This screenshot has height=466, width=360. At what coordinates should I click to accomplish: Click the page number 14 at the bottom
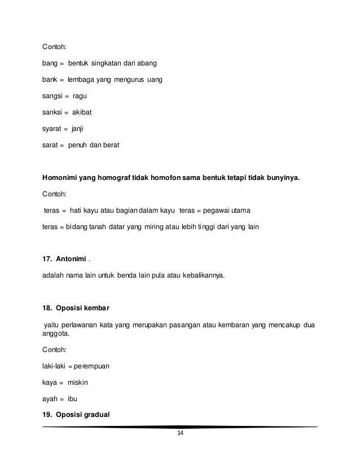[x=180, y=433]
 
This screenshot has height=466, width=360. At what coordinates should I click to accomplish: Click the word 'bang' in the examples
[x=51, y=63]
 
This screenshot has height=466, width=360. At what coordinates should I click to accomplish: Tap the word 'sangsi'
[x=53, y=96]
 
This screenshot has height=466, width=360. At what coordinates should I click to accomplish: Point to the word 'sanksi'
[x=53, y=112]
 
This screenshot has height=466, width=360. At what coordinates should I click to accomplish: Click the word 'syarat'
[x=52, y=129]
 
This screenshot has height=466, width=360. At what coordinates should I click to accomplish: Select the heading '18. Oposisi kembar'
[x=76, y=309]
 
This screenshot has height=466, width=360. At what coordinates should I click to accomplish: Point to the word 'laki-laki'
[x=55, y=366]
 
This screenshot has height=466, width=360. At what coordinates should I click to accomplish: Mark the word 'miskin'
[x=78, y=383]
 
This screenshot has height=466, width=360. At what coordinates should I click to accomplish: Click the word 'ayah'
[x=50, y=399]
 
